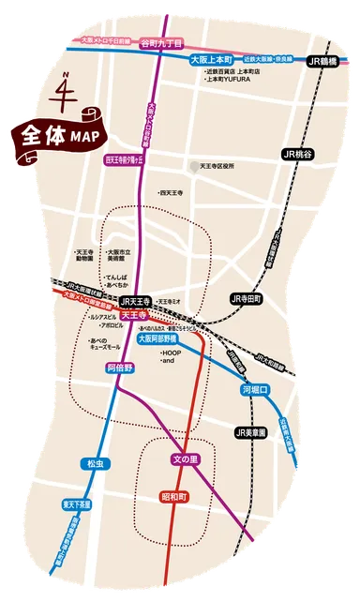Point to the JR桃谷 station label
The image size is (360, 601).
pyautogui.click(x=298, y=151)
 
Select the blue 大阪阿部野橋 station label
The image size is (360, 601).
pyautogui.click(x=160, y=339)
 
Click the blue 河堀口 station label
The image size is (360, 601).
pyautogui.click(x=256, y=387)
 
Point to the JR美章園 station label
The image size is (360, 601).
pyautogui.click(x=252, y=432)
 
